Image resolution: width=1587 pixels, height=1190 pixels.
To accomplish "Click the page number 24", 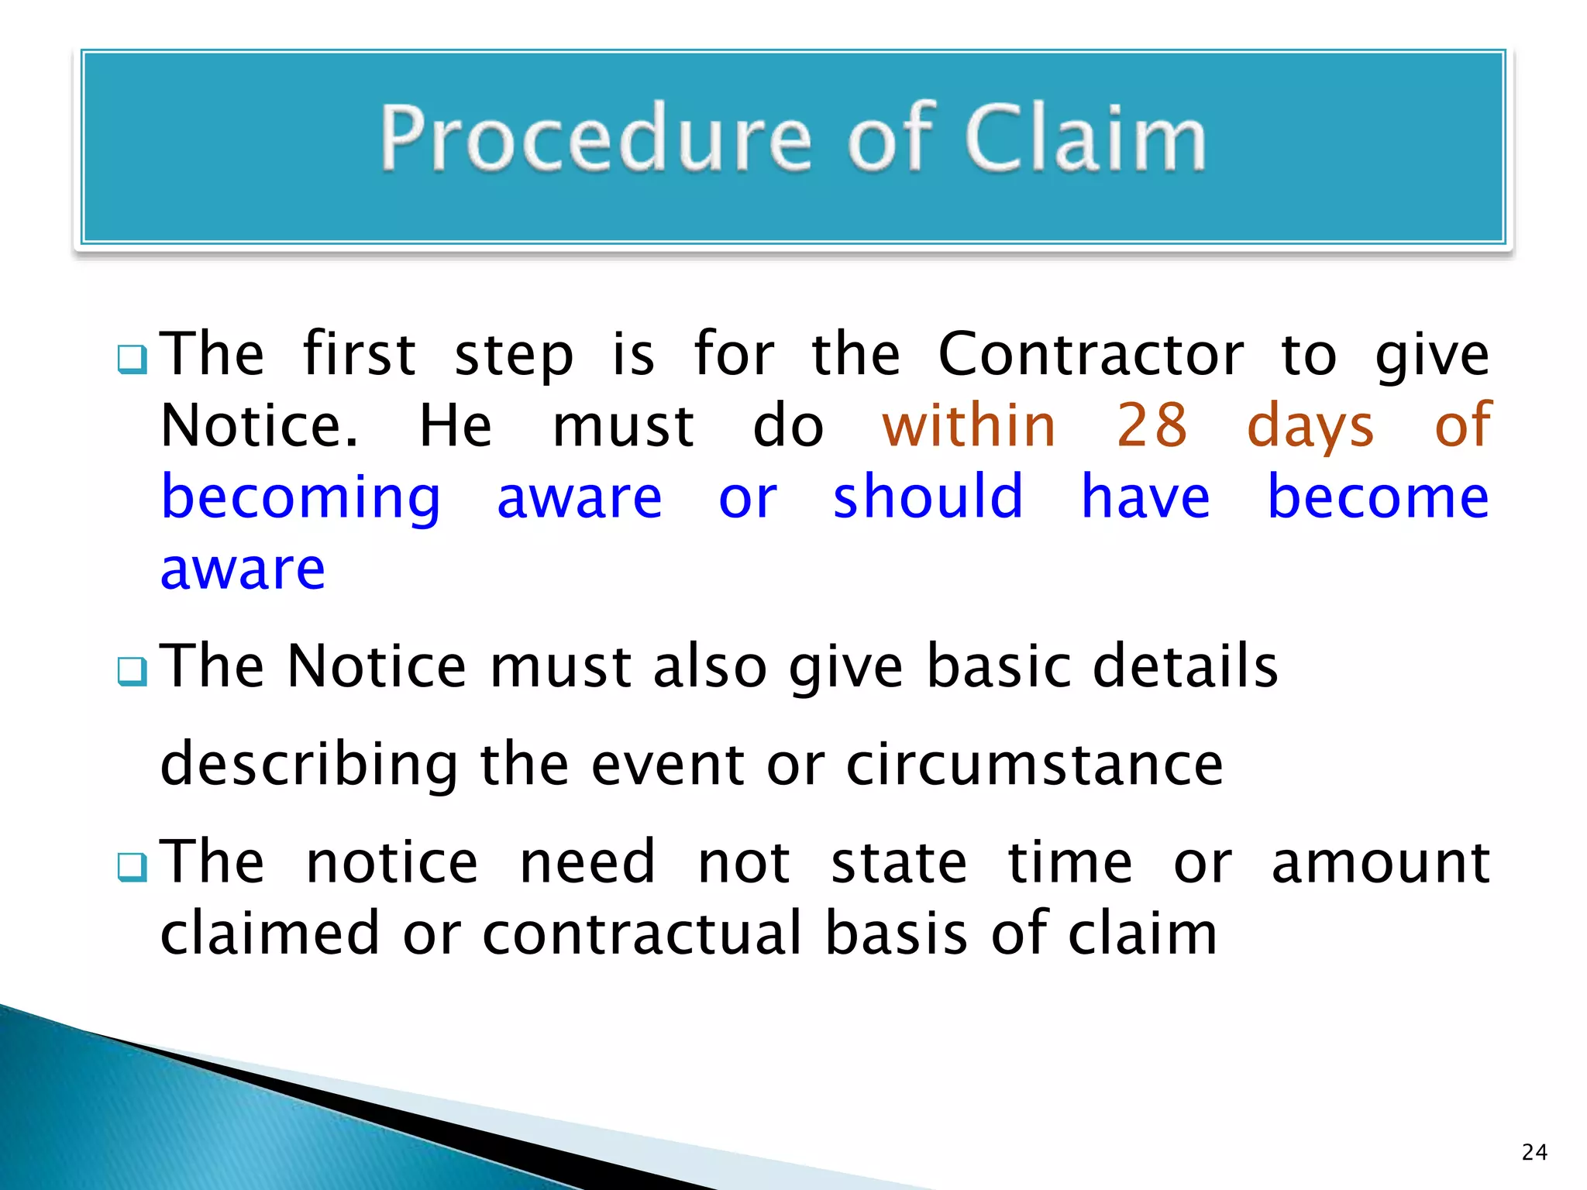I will point(1534,1152).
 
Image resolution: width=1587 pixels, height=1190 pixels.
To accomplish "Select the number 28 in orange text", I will point(1152,425).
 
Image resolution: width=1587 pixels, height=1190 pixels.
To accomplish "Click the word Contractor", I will point(1091,355).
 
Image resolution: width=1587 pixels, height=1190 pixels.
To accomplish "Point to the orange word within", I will point(969,425).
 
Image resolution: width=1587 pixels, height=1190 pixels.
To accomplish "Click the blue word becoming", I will point(301,499).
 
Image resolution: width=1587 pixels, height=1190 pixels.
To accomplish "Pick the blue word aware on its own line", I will point(243,569).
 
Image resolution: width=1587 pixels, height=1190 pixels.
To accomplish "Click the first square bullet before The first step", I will point(132,359).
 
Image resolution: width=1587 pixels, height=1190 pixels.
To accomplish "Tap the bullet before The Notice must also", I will point(132,671).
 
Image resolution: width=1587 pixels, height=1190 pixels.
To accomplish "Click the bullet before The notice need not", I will point(132,867).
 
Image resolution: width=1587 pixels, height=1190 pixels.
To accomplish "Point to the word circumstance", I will point(1034,765).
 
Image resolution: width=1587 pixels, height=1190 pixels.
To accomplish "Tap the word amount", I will point(1380,863).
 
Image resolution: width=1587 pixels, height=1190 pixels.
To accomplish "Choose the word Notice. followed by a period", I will point(260,426).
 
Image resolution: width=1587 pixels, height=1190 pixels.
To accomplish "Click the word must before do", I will point(623,427).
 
